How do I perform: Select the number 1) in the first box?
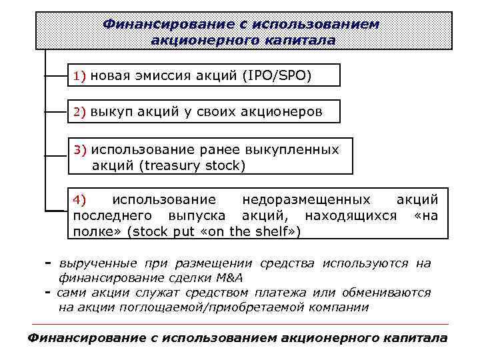click(x=80, y=76)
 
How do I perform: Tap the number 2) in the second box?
click(x=80, y=112)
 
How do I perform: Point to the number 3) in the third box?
click(x=80, y=149)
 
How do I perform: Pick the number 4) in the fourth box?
click(x=80, y=199)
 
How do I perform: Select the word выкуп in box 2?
click(x=111, y=112)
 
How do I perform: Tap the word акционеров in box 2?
click(x=285, y=112)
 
